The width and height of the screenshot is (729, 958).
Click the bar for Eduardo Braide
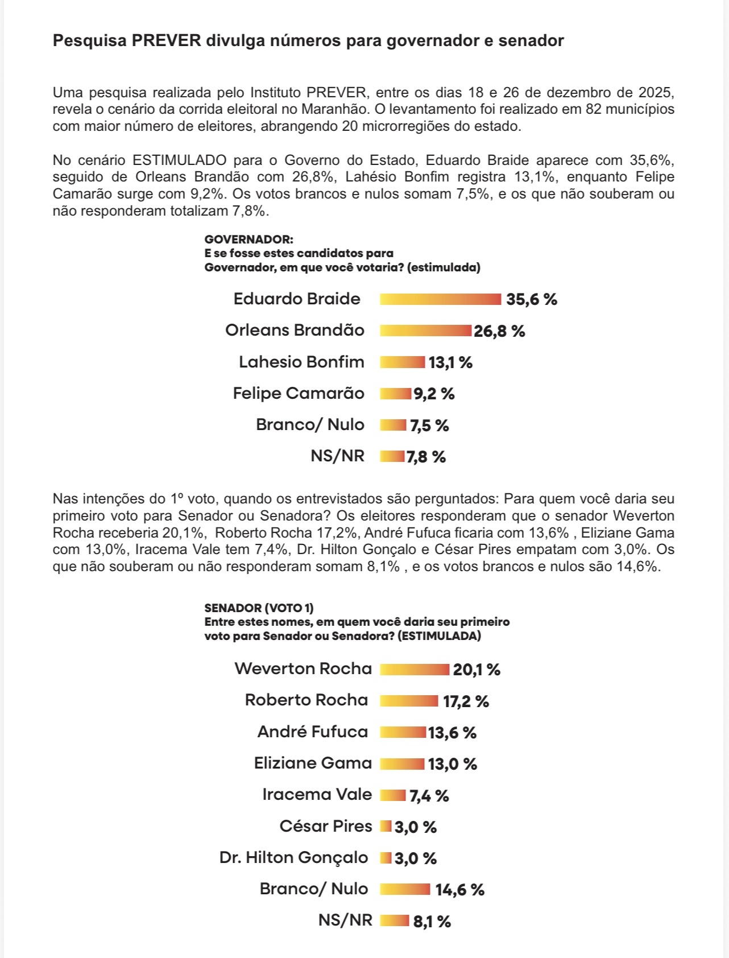pyautogui.click(x=441, y=299)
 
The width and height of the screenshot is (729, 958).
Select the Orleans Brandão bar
pyautogui.click(x=426, y=331)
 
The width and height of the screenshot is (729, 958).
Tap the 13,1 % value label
pyautogui.click(x=450, y=362)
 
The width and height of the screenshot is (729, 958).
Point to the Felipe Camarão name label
pyautogui.click(x=299, y=393)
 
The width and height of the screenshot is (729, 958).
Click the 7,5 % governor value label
pyautogui.click(x=429, y=426)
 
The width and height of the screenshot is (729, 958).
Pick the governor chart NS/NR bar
pyautogui.click(x=392, y=456)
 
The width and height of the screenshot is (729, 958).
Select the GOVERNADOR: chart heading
pyautogui.click(x=248, y=239)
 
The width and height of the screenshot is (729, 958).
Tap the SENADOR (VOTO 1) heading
pyautogui.click(x=259, y=608)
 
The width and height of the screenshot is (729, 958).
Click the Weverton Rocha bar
pyautogui.click(x=415, y=670)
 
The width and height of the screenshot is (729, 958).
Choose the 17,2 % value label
pyautogui.click(x=466, y=701)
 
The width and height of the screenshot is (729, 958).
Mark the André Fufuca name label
pyautogui.click(x=313, y=732)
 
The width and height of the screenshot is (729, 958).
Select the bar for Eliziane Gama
pyautogui.click(x=402, y=763)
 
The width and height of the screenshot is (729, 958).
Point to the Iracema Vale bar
pyautogui.click(x=393, y=795)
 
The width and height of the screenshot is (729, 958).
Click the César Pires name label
pyautogui.click(x=326, y=826)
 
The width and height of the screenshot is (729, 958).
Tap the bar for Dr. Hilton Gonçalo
pyautogui.click(x=386, y=858)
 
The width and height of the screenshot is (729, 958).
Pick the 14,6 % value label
pyautogui.click(x=459, y=890)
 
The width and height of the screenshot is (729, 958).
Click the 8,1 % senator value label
pyautogui.click(x=432, y=922)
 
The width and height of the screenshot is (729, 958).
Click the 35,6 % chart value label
pyautogui.click(x=532, y=299)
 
